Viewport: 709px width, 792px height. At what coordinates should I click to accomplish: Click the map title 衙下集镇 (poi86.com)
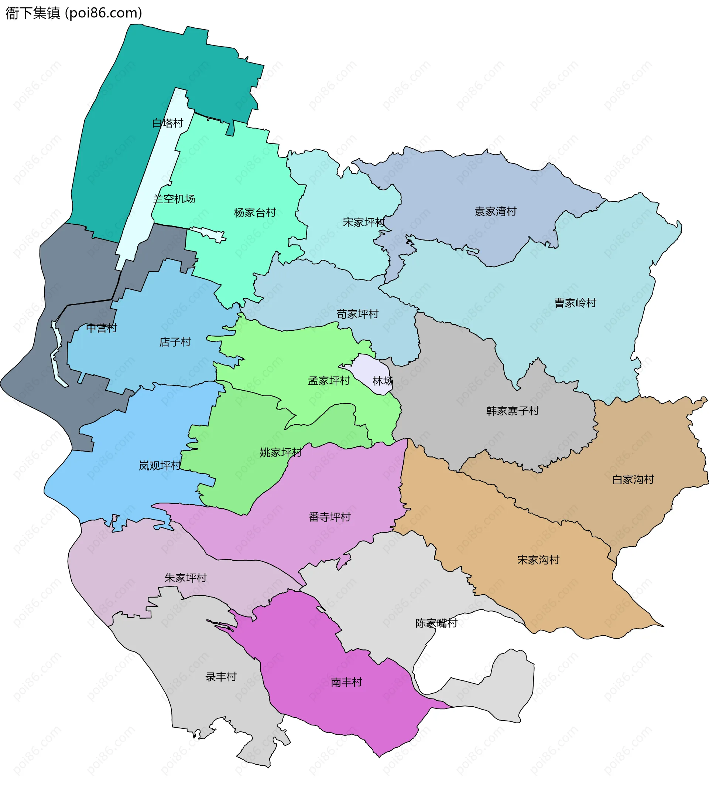click(x=74, y=13)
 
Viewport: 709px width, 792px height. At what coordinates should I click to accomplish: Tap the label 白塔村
click(x=168, y=123)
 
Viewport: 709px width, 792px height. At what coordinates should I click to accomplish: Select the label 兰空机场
click(x=174, y=199)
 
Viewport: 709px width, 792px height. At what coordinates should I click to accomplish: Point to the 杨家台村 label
click(x=255, y=213)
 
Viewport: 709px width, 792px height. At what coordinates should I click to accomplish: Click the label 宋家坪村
click(x=363, y=222)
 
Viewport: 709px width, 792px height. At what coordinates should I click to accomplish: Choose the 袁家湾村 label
click(x=495, y=211)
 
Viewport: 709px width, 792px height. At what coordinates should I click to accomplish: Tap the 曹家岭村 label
click(x=575, y=303)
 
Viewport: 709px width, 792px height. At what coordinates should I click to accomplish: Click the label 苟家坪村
click(x=357, y=314)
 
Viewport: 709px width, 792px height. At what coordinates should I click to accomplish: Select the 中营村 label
click(x=101, y=328)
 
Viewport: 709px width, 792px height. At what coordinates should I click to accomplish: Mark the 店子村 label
click(x=175, y=342)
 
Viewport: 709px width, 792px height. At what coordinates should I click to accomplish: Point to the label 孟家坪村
click(x=329, y=381)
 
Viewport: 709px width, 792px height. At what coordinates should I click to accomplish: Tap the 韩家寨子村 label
click(x=512, y=411)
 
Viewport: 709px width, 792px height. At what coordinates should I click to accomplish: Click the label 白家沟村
click(x=633, y=479)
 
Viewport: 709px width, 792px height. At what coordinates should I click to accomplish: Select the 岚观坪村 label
click(x=160, y=465)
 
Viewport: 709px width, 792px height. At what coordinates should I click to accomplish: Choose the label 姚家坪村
click(x=281, y=452)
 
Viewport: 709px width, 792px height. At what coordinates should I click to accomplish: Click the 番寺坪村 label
click(x=329, y=517)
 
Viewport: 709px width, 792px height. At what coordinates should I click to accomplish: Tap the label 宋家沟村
click(x=538, y=560)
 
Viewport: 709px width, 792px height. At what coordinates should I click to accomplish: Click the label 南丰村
click(x=346, y=682)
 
